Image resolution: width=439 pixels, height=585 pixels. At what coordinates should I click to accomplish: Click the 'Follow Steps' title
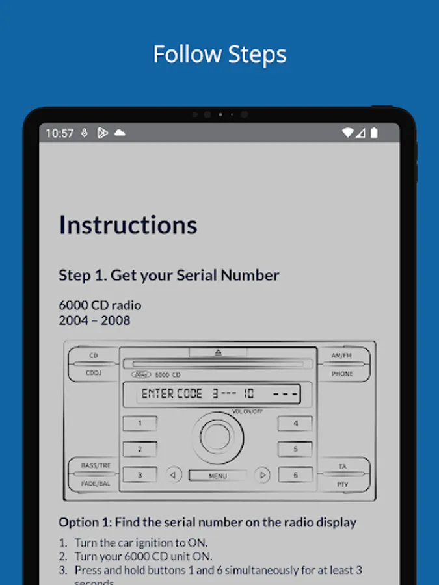tap(219, 55)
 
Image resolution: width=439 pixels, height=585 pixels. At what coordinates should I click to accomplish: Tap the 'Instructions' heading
tap(128, 225)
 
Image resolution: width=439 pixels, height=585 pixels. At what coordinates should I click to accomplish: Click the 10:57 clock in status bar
tap(60, 133)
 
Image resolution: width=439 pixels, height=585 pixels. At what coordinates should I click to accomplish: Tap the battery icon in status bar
tap(374, 133)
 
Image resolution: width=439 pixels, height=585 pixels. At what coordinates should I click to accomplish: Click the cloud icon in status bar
tap(120, 133)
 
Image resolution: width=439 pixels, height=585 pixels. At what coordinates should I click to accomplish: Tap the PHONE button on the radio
tap(342, 374)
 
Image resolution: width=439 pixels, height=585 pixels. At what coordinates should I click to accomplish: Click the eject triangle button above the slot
tap(218, 352)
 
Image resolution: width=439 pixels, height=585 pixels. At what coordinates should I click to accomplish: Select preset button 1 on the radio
tap(140, 423)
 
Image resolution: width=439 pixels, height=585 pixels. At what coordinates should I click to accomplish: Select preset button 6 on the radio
tap(295, 475)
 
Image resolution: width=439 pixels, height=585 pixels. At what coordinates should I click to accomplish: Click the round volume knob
tap(217, 437)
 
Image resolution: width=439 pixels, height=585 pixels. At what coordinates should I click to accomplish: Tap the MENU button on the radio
tap(218, 476)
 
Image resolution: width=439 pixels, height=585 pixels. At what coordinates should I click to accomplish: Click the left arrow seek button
tap(173, 475)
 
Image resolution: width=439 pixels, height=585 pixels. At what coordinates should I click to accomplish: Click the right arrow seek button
tap(262, 475)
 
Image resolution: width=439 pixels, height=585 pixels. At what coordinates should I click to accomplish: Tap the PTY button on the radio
tap(342, 484)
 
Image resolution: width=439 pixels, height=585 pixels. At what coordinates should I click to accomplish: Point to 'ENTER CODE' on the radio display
tap(172, 394)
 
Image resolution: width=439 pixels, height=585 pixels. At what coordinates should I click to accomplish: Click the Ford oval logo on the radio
tap(141, 375)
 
